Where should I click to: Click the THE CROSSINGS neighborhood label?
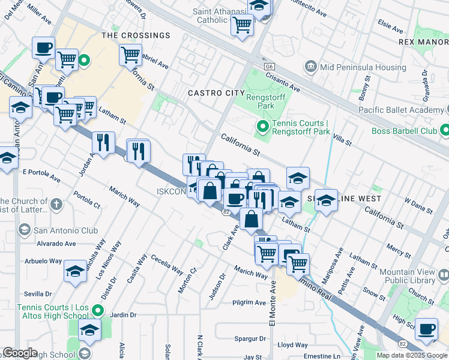click(x=136, y=35)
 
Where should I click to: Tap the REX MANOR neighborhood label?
click(x=423, y=42)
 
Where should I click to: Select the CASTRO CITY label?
click(x=216, y=93)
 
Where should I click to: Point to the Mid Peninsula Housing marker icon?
click(x=311, y=65)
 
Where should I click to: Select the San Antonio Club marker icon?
click(x=25, y=230)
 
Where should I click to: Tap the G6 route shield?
click(x=268, y=65)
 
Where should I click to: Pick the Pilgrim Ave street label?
click(x=249, y=303)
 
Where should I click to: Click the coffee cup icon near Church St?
click(x=426, y=329)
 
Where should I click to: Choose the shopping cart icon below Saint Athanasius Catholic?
click(x=242, y=25)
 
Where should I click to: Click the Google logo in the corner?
click(x=20, y=353)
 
